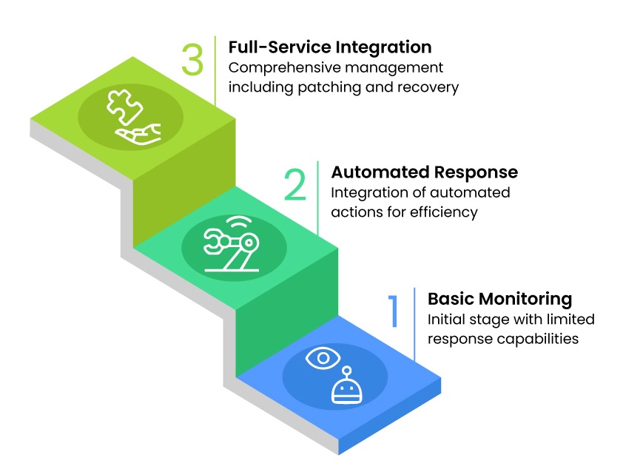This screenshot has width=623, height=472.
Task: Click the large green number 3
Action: (192, 60)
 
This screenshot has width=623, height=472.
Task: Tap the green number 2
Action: (294, 185)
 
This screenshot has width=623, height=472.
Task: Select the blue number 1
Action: (394, 311)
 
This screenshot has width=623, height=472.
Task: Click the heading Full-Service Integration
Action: (329, 47)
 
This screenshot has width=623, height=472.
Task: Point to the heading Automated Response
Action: (424, 172)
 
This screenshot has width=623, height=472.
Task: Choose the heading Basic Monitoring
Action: (499, 299)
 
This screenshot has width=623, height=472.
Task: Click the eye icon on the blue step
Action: (323, 359)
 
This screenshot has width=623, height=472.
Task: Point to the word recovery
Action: (433, 87)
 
